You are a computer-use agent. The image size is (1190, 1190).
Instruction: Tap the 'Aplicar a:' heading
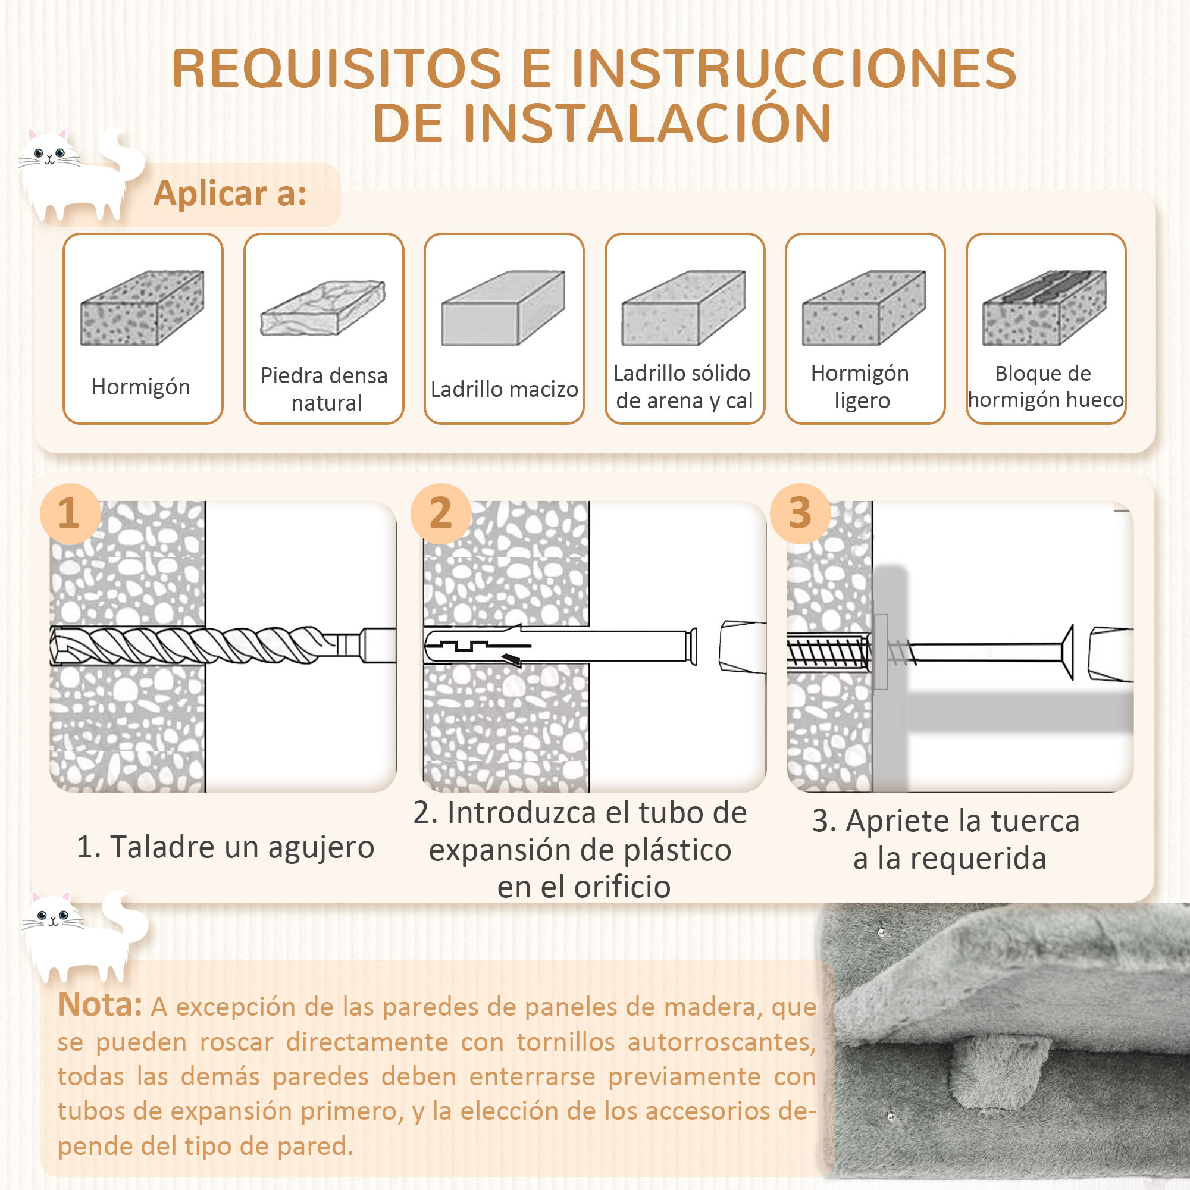pos(230,194)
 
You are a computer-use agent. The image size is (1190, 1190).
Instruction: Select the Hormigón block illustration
pos(142,308)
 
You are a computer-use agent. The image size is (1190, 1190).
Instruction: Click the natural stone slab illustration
pos(322,308)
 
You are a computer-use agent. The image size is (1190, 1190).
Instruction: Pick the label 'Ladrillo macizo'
pos(504,389)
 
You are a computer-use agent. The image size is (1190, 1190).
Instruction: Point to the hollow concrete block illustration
pos(1045,308)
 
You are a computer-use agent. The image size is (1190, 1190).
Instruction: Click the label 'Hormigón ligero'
pos(860,387)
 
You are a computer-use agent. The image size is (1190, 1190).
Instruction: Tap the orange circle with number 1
pos(70,513)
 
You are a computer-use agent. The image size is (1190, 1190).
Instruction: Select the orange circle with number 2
pos(440,513)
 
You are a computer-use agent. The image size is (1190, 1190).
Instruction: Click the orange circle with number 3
pos(800,513)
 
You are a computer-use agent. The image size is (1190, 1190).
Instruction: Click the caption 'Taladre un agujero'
pos(242,847)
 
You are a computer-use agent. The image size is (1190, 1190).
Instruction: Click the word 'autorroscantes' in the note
pos(721,1042)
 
